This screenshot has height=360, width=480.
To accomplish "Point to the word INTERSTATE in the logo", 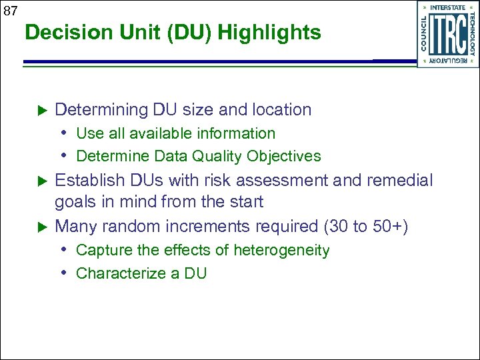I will [447, 8].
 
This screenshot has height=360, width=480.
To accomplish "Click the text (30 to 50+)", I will [366, 226].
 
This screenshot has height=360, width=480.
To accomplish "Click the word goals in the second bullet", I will [75, 202].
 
